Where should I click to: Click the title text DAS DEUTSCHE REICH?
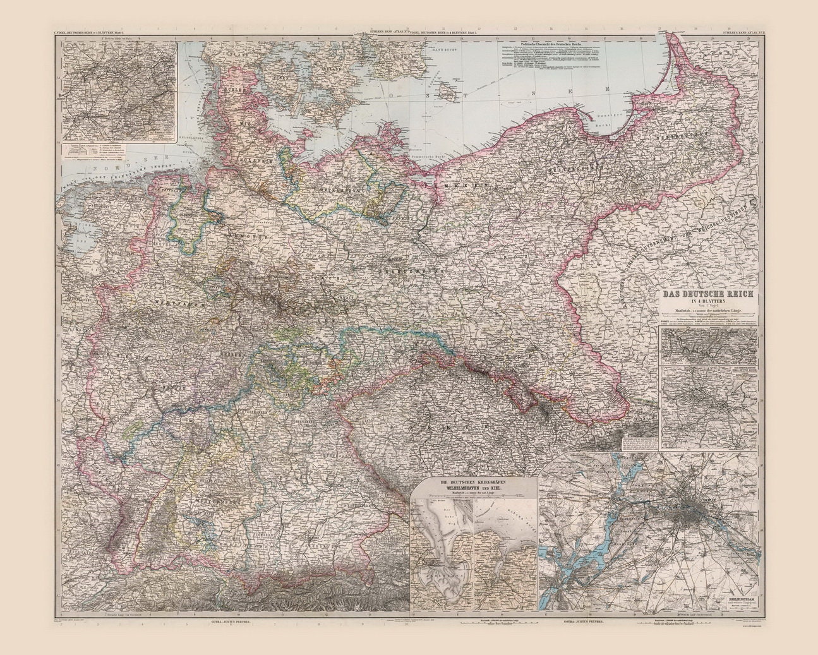709,295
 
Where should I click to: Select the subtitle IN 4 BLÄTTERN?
708,303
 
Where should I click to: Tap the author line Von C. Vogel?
708,308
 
